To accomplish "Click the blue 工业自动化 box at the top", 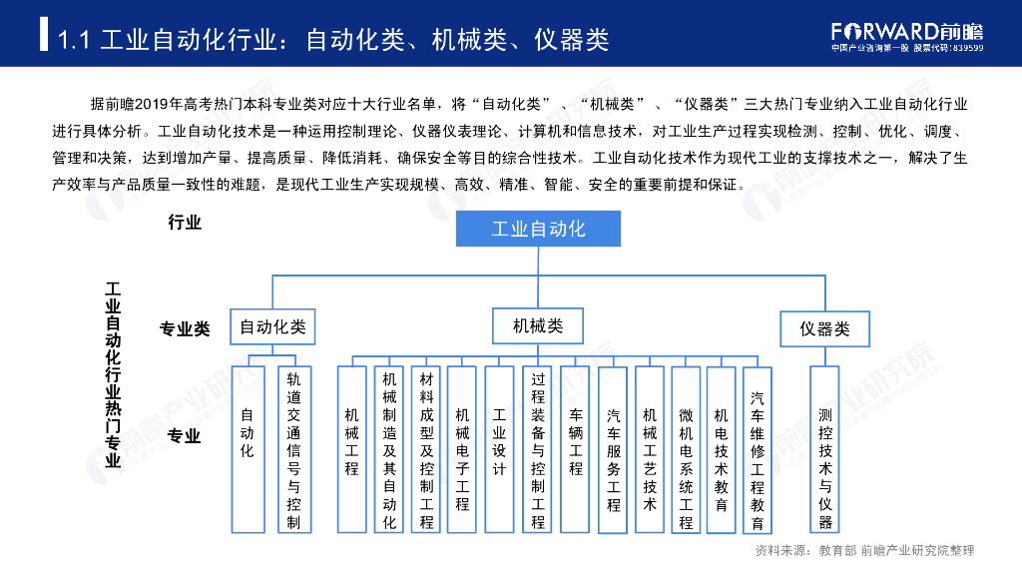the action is click(x=538, y=229).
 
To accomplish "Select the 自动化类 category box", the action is click(x=272, y=326).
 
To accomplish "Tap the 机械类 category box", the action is click(x=538, y=325).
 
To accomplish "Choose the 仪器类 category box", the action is click(x=824, y=328).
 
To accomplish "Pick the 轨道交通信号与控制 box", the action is click(x=293, y=449).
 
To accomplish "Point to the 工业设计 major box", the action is click(x=500, y=449).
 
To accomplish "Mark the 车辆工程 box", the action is click(x=576, y=449).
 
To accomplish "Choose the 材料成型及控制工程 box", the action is click(x=426, y=449).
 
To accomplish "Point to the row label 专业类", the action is click(x=185, y=328).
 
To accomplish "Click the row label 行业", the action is click(x=185, y=222).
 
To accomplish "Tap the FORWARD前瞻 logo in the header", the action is click(x=907, y=31).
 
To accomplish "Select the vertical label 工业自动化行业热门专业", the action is click(x=113, y=374).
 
